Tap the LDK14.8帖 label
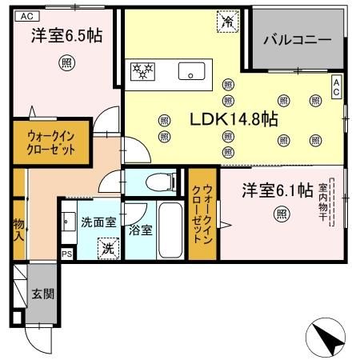[233, 119]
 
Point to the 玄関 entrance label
[42, 294]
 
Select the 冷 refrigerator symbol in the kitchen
[228, 22]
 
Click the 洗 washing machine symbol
[108, 248]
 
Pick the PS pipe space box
[66, 254]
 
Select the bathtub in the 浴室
[169, 230]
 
